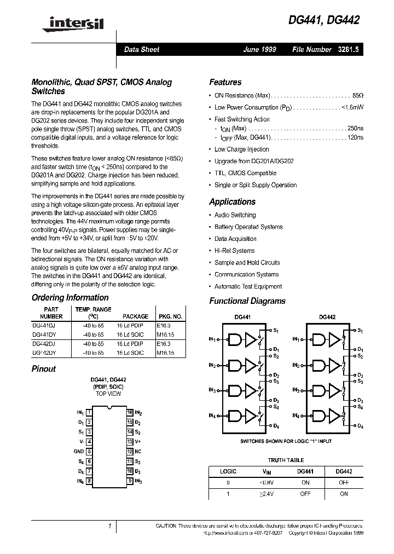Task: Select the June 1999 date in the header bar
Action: (x=259, y=49)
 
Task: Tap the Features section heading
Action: (x=225, y=82)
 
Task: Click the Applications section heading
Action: (x=232, y=201)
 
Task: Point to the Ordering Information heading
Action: (x=70, y=298)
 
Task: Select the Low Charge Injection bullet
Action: (x=241, y=149)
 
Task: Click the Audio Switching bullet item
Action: (x=235, y=215)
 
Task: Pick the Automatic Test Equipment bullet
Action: (x=248, y=286)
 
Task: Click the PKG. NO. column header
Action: (x=170, y=316)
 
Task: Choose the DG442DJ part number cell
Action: (x=43, y=343)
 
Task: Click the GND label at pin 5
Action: (x=79, y=451)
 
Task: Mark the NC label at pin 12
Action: (x=138, y=451)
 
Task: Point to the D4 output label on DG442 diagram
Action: (x=360, y=426)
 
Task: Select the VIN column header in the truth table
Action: (x=266, y=471)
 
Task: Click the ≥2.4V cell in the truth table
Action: (x=266, y=494)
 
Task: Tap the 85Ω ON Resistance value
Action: (x=358, y=95)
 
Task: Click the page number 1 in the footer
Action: (x=109, y=526)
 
